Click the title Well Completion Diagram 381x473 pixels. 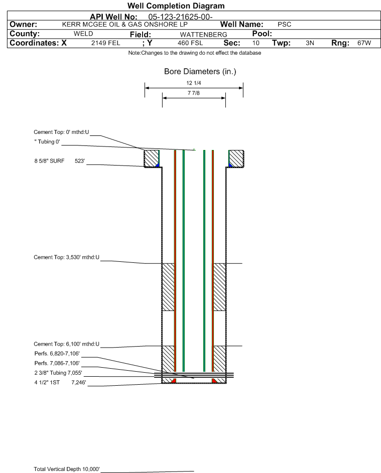[176, 6]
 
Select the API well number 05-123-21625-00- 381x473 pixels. [180, 17]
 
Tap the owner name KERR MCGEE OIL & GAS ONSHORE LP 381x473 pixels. [124, 25]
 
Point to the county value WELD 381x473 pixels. [83, 34]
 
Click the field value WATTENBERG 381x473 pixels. [203, 35]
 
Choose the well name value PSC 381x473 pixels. [285, 25]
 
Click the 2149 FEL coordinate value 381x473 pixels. [105, 43]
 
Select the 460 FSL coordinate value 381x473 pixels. [190, 43]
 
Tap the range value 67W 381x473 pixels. [364, 43]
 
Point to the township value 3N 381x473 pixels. [310, 43]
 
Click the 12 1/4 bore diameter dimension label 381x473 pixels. [194, 83]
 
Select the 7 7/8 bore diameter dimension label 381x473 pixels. [194, 93]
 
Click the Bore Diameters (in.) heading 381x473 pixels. [200, 72]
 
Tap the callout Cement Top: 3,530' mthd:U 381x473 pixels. [66, 257]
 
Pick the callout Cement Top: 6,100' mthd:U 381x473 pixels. [66, 344]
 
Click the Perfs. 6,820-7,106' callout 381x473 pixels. [57, 354]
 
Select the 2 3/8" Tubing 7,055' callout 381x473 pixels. [58, 373]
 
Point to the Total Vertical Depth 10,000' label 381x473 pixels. [67, 469]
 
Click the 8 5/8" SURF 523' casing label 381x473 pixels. [59, 161]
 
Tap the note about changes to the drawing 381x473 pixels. [195, 53]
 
